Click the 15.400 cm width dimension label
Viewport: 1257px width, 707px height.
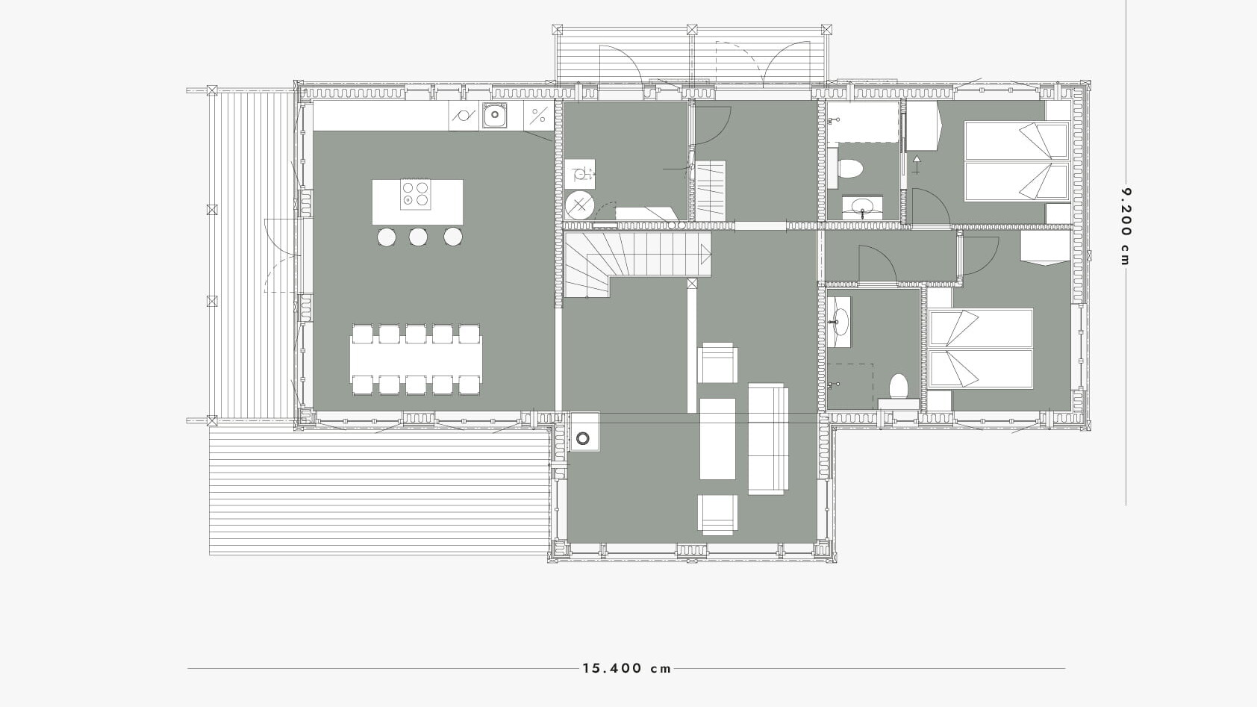627,668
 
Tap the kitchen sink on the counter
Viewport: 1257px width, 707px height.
494,116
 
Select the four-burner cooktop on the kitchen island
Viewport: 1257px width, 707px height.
416,194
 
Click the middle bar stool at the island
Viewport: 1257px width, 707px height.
418,237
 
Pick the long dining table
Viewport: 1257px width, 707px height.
416,359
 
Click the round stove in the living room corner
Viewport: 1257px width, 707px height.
584,437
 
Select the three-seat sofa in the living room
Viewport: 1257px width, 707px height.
768,439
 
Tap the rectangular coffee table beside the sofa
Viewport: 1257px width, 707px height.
718,439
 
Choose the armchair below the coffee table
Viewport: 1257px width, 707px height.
718,514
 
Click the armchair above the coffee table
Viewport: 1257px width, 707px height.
718,363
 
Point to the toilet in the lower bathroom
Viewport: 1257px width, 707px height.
899,387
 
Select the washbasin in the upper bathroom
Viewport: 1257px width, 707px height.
862,208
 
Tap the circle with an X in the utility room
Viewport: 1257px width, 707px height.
580,205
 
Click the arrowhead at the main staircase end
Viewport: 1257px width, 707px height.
706,255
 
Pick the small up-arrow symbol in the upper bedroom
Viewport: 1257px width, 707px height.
917,165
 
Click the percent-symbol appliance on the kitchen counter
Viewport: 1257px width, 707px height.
539,116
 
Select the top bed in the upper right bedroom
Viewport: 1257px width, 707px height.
1016,140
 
